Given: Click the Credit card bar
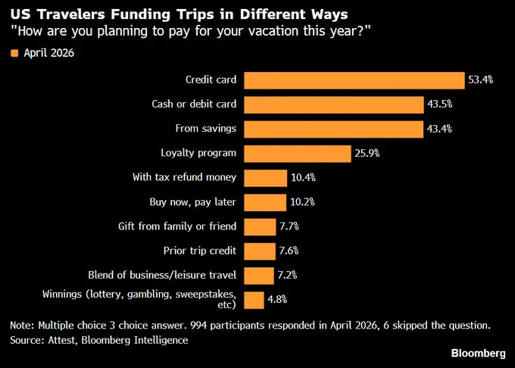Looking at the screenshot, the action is click(x=354, y=80).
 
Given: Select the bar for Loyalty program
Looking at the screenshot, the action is click(x=298, y=154).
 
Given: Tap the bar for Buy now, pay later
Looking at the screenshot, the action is click(x=265, y=202).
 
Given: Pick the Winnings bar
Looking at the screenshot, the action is click(x=254, y=301).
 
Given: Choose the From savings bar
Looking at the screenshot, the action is click(x=334, y=129).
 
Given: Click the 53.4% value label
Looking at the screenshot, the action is click(x=480, y=80).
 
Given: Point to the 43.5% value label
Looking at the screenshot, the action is click(x=440, y=104).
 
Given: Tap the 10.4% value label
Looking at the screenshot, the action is click(x=303, y=178).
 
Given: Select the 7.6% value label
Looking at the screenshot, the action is click(x=289, y=251).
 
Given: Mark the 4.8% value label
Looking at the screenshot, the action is click(x=277, y=299).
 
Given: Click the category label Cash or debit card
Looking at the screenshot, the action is click(x=194, y=104).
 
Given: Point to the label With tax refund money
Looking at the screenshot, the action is click(x=184, y=177).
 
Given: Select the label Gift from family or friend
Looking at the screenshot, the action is click(x=177, y=226).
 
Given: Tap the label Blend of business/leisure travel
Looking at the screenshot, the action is click(x=162, y=275).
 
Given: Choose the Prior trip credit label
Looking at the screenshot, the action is click(x=200, y=251).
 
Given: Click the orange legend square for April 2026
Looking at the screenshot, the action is click(x=14, y=53).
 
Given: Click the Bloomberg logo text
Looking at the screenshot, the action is click(x=478, y=353).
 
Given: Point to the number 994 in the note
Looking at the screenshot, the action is click(x=199, y=326).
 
